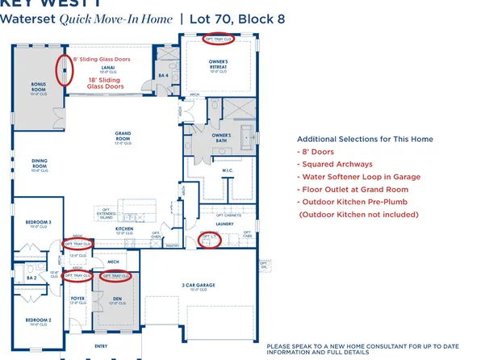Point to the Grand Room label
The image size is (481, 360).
123,135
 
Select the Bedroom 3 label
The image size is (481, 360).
38,222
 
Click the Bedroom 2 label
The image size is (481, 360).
38,320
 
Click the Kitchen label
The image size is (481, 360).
124,230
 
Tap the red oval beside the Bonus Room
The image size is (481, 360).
62,70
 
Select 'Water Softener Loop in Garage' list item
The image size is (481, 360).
356,176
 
